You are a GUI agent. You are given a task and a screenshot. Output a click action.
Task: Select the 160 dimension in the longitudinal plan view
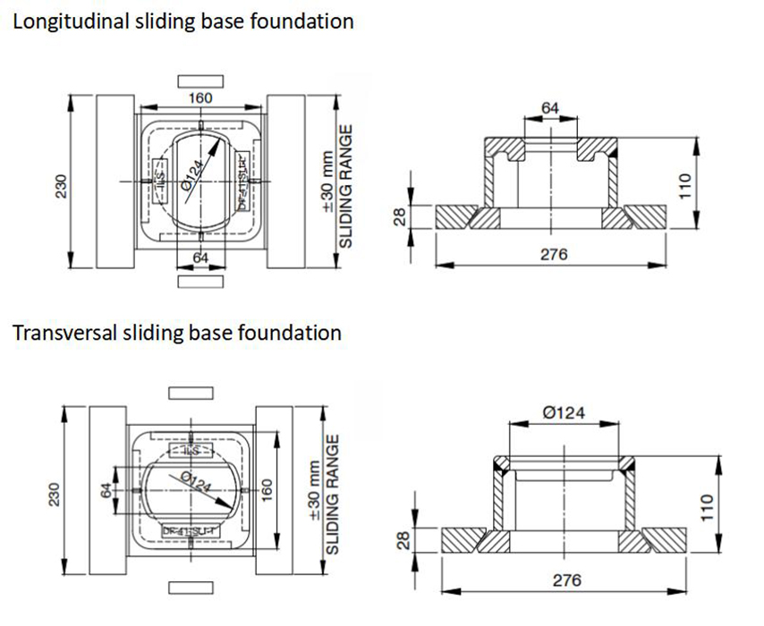(x=200, y=98)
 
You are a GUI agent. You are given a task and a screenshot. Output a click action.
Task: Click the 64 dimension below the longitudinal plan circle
(x=201, y=258)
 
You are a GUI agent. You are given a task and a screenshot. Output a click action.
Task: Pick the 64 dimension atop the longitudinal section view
(x=550, y=108)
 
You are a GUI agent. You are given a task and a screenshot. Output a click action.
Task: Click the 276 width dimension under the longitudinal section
(x=554, y=255)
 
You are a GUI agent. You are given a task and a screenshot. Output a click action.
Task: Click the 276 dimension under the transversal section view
(x=566, y=580)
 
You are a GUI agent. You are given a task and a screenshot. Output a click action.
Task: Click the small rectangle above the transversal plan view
(x=191, y=393)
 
